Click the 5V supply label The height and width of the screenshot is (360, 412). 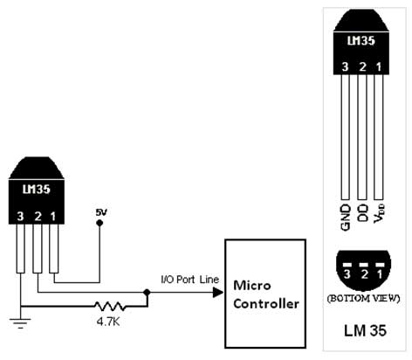point(101,212)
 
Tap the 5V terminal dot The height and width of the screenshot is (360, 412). point(100,223)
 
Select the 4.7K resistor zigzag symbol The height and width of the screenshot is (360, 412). point(110,307)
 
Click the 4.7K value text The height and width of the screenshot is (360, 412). point(108,322)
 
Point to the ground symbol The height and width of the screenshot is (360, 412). point(20,323)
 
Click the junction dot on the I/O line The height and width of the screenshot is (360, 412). point(147,292)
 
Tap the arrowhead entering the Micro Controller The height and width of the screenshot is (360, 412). point(218,293)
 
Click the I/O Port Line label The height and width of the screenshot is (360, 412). point(189,280)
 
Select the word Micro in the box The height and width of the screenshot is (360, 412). point(252,285)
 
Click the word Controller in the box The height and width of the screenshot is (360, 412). point(266,304)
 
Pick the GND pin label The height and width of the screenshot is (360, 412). point(346,218)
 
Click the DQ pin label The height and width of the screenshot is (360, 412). point(362,213)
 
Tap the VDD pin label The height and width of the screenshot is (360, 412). point(380,214)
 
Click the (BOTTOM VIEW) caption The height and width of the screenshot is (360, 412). point(364,299)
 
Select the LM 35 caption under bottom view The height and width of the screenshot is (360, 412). point(365,330)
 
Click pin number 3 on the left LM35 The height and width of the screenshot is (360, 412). point(20,217)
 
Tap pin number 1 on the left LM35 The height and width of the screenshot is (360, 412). point(53,217)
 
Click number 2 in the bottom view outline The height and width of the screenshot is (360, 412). point(364,274)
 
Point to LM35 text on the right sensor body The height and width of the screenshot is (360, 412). point(361,40)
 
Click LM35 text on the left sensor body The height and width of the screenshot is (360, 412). point(37,190)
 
